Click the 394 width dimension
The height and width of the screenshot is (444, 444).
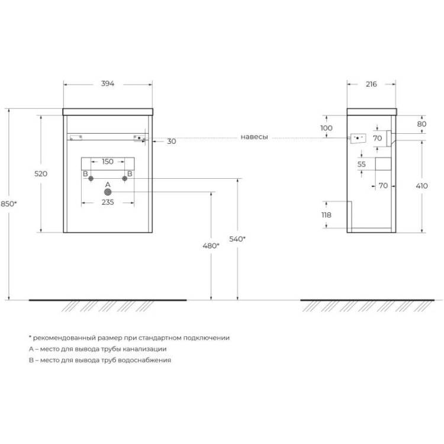click(108, 83)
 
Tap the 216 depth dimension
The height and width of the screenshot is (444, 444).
click(371, 84)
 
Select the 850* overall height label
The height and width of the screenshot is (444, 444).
click(9, 204)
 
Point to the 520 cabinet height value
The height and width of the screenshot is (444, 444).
click(41, 173)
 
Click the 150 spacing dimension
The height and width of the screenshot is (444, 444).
click(108, 162)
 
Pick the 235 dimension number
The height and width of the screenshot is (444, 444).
click(108, 202)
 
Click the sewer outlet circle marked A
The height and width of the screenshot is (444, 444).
click(108, 192)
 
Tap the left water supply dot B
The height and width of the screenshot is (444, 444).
click(91, 178)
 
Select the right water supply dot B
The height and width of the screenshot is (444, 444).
click(124, 178)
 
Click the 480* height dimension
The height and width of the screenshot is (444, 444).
click(211, 246)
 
